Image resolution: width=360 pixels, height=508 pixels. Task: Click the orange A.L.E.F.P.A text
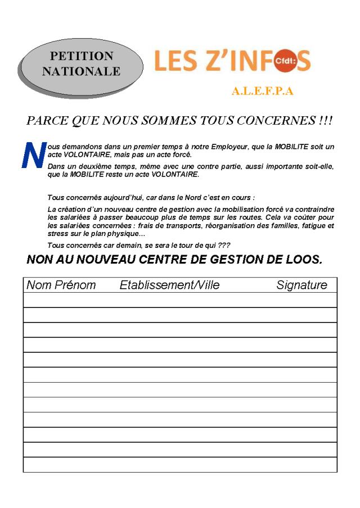(x=263, y=92)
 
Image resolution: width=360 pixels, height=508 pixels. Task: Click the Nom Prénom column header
(x=61, y=285)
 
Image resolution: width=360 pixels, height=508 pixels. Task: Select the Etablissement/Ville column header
(x=169, y=285)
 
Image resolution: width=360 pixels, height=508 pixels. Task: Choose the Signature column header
(x=301, y=285)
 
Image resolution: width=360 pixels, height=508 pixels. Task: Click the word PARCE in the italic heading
(x=47, y=121)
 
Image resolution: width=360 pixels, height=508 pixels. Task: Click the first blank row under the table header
(x=180, y=300)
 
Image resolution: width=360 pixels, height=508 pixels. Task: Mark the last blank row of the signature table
(x=180, y=465)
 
